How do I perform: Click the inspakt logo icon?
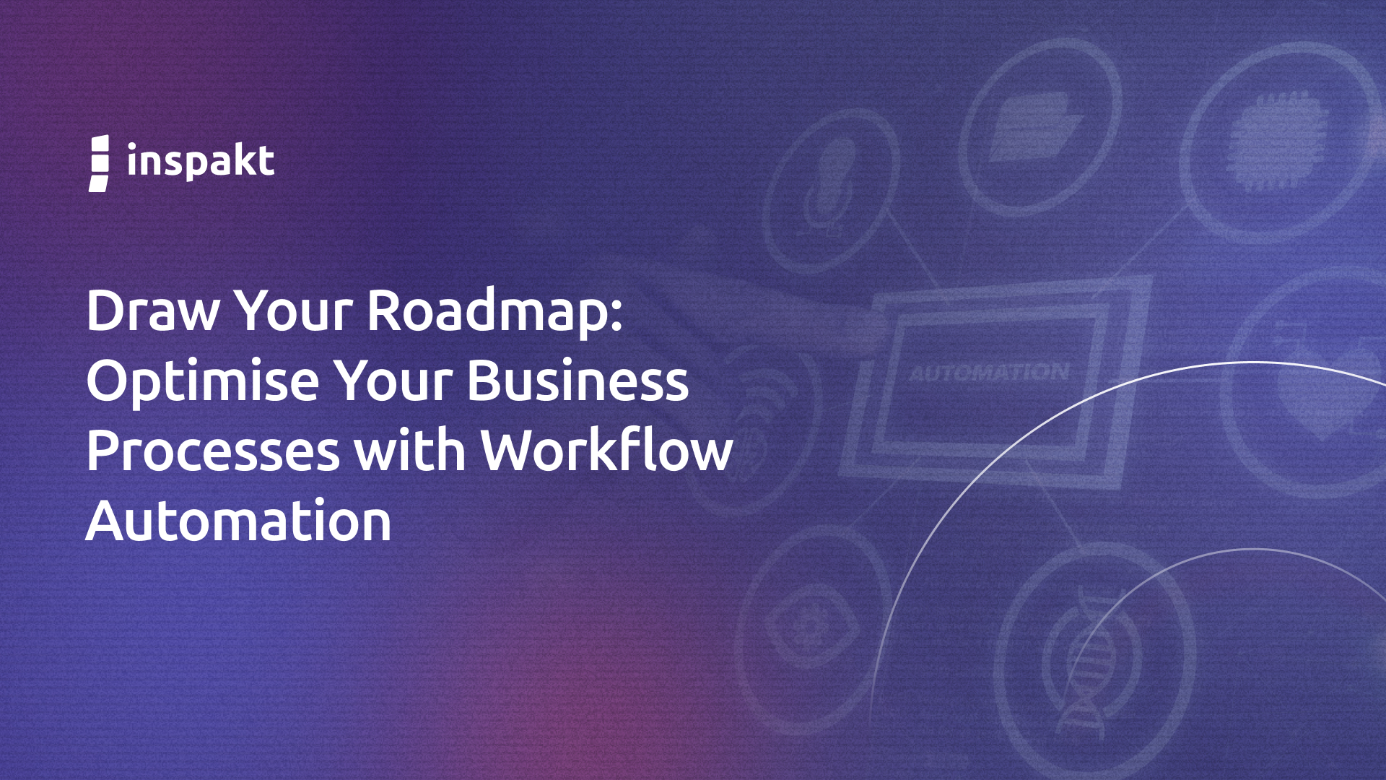99,163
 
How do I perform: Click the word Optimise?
203,381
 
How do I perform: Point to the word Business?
578,380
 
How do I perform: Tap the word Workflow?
607,449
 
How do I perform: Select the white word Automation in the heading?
239,520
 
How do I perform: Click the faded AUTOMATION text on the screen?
989,373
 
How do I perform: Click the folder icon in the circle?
1036,126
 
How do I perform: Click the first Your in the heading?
294,311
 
